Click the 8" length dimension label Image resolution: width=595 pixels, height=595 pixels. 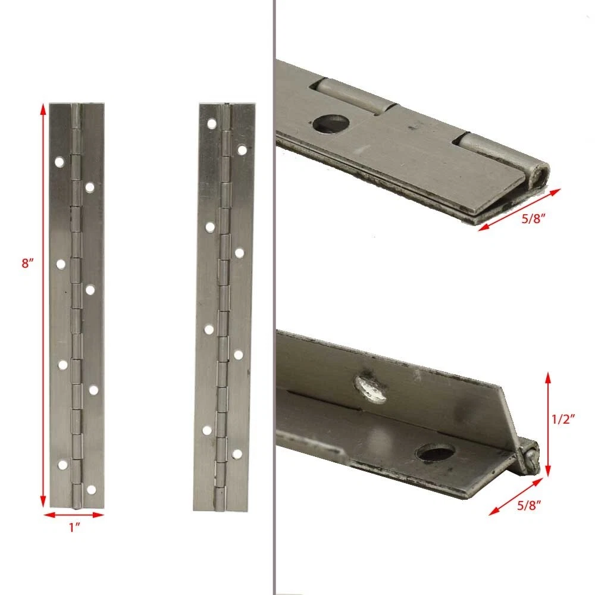tap(27, 262)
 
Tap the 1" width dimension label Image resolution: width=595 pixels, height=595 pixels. tap(74, 527)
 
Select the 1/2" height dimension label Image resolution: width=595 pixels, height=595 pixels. tap(563, 419)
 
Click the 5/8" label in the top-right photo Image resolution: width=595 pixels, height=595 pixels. tap(533, 218)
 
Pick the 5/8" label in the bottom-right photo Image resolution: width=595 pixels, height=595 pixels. tap(529, 505)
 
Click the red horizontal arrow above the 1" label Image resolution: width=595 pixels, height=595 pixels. tap(74, 515)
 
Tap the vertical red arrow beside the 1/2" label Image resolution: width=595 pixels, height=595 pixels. tap(547, 424)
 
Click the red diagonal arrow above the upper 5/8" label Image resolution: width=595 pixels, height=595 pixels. tap(519, 210)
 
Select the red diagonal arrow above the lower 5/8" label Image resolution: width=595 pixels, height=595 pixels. tap(516, 496)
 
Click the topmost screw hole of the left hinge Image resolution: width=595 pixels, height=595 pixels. tap(59, 162)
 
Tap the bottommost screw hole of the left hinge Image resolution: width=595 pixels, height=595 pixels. tap(92, 490)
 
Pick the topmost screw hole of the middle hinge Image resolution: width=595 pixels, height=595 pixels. tap(211, 123)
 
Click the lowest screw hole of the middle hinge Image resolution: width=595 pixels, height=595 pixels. tap(237, 454)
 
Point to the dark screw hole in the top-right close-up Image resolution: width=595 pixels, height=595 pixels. tap(331, 124)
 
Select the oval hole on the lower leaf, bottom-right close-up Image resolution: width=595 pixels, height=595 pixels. tap(435, 452)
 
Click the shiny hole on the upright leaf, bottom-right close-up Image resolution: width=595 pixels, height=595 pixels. tap(371, 389)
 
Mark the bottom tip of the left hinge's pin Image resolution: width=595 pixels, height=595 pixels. tap(76, 507)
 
